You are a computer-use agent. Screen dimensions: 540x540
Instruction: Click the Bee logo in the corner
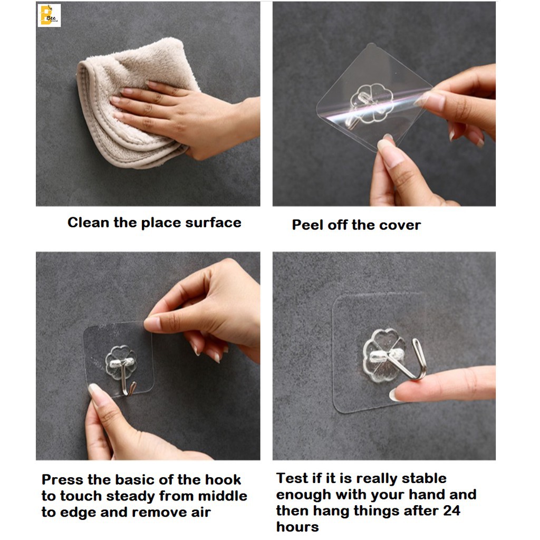49,15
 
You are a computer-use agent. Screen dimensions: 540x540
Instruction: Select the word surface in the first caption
213,223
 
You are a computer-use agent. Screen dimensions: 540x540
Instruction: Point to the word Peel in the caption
308,225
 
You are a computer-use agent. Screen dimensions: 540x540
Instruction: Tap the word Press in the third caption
63,480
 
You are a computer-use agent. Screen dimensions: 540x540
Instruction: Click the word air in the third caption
201,513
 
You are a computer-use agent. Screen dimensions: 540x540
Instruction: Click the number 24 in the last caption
451,510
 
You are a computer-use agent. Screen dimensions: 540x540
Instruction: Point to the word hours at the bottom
297,527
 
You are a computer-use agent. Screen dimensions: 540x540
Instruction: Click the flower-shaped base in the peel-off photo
372,103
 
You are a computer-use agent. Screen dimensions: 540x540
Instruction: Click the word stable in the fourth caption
424,478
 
